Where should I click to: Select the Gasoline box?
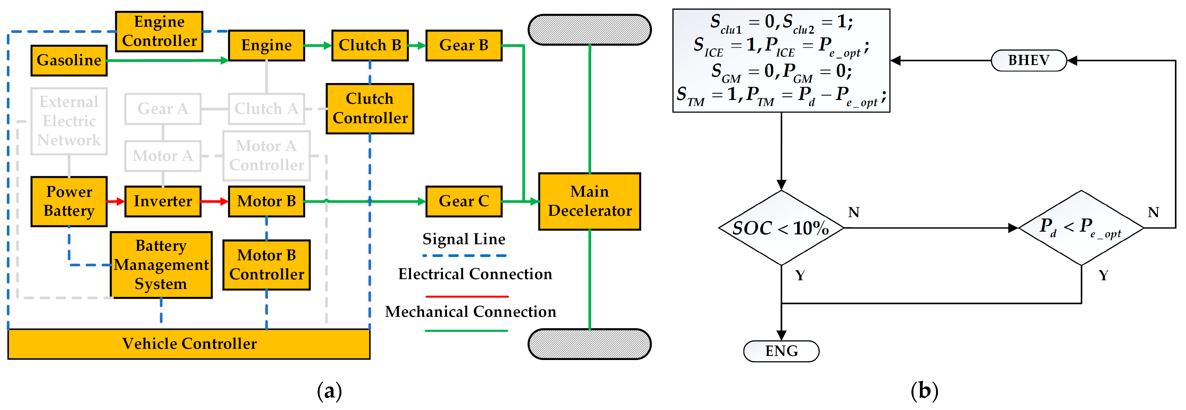[x=69, y=60]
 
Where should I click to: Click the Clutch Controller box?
[x=370, y=109]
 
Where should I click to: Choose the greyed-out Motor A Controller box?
[x=267, y=156]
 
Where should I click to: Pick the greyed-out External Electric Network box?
[x=69, y=121]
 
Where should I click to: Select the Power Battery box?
[x=69, y=201]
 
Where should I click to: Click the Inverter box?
[x=163, y=201]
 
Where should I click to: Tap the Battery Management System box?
[x=161, y=265]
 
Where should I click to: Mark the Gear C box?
[x=464, y=201]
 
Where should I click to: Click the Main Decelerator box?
[x=589, y=201]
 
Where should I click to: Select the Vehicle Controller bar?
[x=189, y=344]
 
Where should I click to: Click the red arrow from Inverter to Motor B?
[x=214, y=201]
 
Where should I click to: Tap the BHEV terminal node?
[x=1029, y=60]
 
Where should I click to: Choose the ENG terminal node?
[x=781, y=351]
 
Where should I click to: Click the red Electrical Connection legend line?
[x=467, y=296]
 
